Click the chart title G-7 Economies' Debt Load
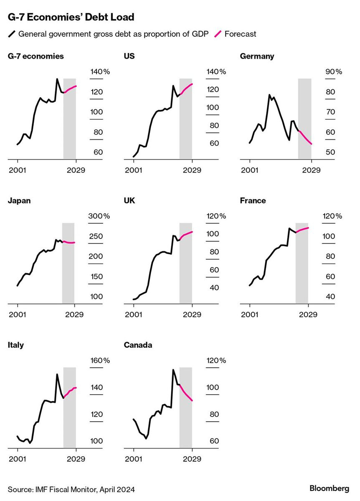click(71, 18)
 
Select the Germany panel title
click(257, 56)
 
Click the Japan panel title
click(19, 200)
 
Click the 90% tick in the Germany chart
click(334, 72)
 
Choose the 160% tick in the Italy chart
click(100, 360)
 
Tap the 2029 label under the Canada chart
click(192, 459)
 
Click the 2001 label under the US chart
click(134, 170)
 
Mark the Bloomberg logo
click(329, 488)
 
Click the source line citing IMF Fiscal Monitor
click(71, 489)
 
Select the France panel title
click(253, 200)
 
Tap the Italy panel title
click(16, 345)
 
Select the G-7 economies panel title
click(36, 56)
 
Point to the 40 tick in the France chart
click(330, 296)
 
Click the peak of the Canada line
click(173, 370)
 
